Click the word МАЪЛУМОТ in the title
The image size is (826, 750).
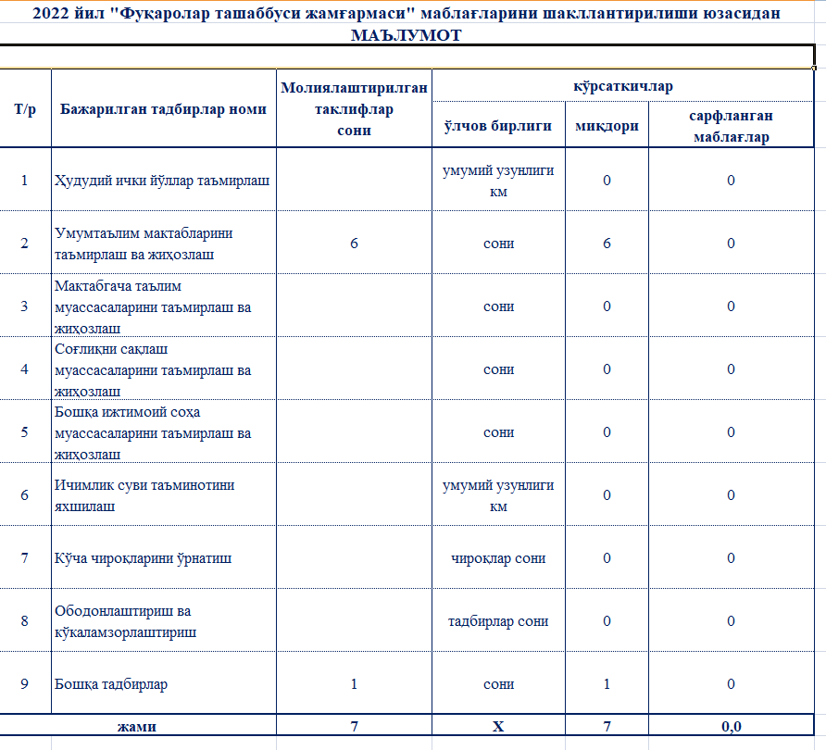pos(407,35)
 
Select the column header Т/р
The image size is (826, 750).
pos(25,108)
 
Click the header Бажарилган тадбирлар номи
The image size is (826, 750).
pos(163,108)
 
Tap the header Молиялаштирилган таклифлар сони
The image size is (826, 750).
pos(354,108)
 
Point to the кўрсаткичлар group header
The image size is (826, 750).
pos(622,86)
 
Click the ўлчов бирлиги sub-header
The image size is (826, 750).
pos(498,126)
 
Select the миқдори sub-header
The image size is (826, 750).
pos(607,126)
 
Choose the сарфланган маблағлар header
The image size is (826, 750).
pos(731,126)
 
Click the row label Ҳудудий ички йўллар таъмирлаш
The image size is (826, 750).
pos(162,180)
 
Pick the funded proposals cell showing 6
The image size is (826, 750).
pos(354,243)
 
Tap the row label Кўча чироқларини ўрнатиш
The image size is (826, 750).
pos(144,558)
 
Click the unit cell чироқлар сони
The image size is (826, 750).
pos(498,558)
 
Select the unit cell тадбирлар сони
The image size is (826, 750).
pos(498,621)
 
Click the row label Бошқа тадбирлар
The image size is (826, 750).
pos(111,684)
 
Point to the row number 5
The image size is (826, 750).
pos(25,431)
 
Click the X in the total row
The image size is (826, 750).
pos(498,726)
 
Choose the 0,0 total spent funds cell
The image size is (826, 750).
pos(731,726)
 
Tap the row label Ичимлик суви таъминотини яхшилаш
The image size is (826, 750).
pos(144,495)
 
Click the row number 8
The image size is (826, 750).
pos(25,621)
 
